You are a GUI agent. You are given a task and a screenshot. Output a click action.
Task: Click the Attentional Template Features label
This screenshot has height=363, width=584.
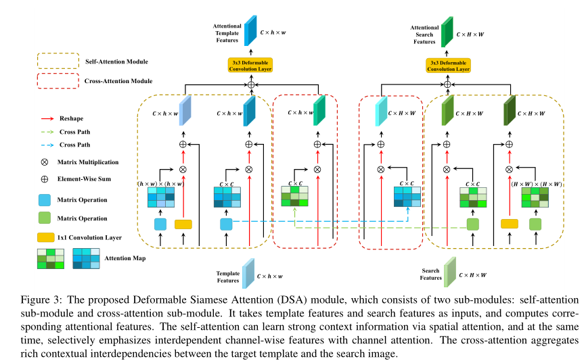point(228,32)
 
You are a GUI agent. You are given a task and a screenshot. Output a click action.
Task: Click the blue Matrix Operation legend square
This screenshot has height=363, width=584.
point(45,200)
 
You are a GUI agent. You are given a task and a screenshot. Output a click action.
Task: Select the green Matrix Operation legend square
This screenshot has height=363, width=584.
point(45,218)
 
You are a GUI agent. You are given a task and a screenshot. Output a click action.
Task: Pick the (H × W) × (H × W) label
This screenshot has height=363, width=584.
point(535,183)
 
